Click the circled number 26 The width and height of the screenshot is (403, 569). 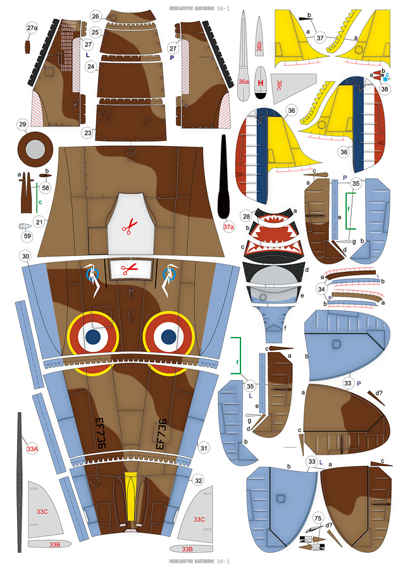(x=96, y=16)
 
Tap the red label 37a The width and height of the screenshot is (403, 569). (x=228, y=226)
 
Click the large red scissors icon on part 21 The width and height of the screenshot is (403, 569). (x=130, y=226)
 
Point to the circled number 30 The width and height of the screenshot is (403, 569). (x=25, y=257)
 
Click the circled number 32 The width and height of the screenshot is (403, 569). (x=198, y=480)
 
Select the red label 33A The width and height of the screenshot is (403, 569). (x=32, y=449)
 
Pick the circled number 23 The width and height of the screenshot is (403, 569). (x=87, y=133)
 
